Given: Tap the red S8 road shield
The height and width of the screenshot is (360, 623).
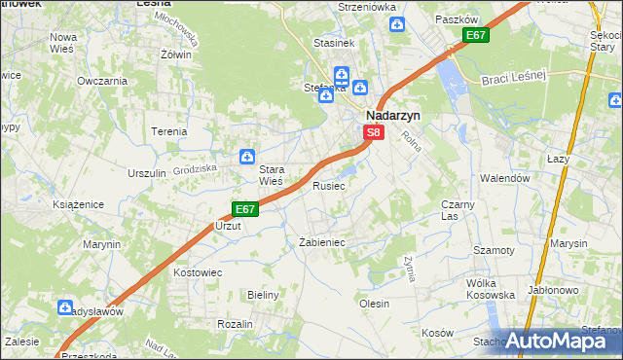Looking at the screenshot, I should pyautogui.click(x=375, y=132).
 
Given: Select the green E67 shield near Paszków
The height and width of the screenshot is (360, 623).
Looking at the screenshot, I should pyautogui.click(x=475, y=36).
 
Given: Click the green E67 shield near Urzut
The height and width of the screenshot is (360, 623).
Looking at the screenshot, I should pyautogui.click(x=245, y=209).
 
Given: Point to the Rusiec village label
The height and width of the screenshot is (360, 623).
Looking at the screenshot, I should pyautogui.click(x=328, y=186).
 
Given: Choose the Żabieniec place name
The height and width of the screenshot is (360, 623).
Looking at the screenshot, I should pyautogui.click(x=321, y=242).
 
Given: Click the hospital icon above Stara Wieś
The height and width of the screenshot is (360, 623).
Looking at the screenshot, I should pyautogui.click(x=247, y=157).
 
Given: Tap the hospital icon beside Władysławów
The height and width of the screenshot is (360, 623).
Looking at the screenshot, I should pyautogui.click(x=66, y=310).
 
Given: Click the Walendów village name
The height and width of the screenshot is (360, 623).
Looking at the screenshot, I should pyautogui.click(x=504, y=179).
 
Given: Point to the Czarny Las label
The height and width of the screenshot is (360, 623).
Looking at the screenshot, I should pyautogui.click(x=457, y=210).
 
